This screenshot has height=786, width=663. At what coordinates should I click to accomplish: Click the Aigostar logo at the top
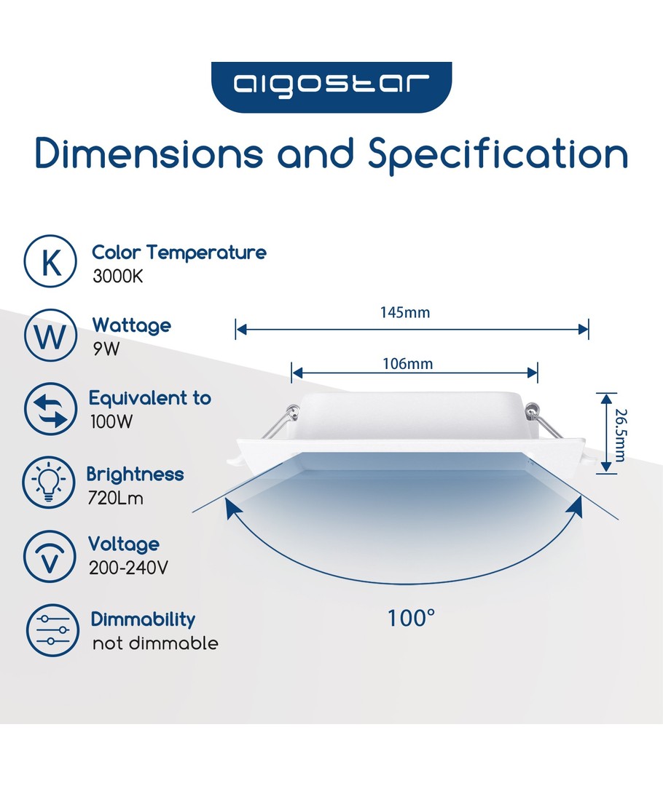[331, 87]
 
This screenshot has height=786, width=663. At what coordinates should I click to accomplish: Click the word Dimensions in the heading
[149, 153]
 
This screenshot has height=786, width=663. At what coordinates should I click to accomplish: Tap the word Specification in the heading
[498, 156]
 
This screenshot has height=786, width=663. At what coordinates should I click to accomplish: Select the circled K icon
[50, 261]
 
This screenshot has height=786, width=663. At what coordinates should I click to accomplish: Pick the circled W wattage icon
[50, 336]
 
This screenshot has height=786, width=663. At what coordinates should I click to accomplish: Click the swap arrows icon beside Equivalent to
[50, 409]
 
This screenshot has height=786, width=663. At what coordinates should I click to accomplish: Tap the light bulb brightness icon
[49, 483]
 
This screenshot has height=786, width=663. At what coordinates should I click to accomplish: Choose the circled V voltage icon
[50, 557]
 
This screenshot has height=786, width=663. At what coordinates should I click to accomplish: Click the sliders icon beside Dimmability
[52, 630]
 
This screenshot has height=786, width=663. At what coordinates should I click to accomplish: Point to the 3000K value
[118, 277]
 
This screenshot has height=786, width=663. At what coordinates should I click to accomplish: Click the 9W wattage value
[106, 349]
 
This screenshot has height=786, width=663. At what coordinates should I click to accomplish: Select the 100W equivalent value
[111, 421]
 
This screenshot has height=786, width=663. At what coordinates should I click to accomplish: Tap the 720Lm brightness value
[115, 499]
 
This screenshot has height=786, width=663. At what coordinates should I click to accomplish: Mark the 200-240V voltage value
[128, 568]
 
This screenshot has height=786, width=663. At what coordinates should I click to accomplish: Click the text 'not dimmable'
[155, 643]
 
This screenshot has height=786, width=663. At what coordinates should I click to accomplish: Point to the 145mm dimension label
[405, 313]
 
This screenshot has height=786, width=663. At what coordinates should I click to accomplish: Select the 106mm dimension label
[407, 364]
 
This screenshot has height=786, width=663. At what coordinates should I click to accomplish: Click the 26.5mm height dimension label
[621, 435]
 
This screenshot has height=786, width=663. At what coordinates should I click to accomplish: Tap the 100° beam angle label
[411, 619]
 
